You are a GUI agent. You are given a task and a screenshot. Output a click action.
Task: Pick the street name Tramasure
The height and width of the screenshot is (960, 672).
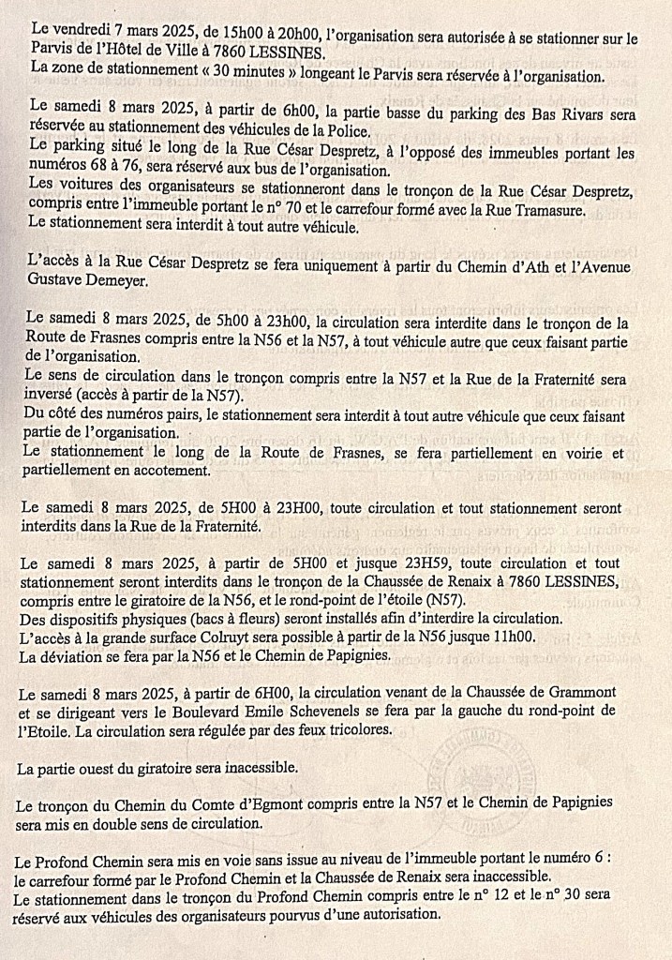click(x=547, y=211)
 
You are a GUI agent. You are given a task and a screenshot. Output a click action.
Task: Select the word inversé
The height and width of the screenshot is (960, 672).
click(x=54, y=395)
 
